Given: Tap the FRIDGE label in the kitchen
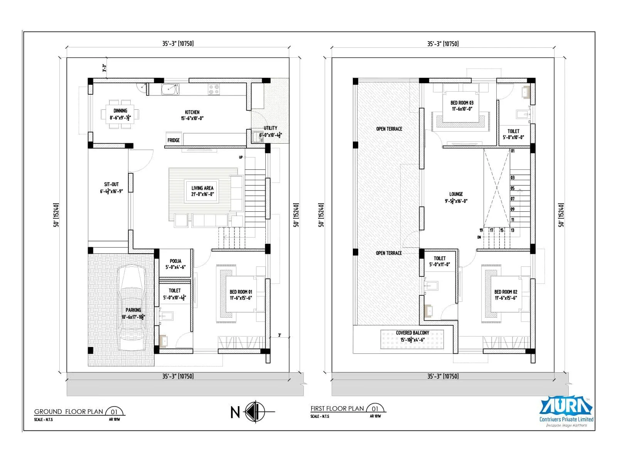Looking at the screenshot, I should point(174,140).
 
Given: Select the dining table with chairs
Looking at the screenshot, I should point(120,114).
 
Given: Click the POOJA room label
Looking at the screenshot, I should point(175,261).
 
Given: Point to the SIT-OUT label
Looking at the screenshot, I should point(111,184).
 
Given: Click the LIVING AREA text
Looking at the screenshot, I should point(202,188).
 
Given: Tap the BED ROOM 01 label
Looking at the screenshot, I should point(241,292).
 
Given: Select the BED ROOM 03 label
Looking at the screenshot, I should point(462,103).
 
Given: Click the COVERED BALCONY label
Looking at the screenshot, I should point(413,333).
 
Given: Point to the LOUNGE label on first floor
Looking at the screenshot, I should point(456,194).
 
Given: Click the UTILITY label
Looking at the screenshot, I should point(270,128).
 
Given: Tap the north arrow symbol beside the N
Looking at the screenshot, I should point(255,412).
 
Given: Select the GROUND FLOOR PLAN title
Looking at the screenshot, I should point(69,412).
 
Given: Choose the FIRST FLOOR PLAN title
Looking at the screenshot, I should point(337,408).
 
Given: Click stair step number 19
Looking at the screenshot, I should point(481,230).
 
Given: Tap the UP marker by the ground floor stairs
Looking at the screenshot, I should point(241,157).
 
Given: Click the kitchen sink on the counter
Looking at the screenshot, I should point(170,89).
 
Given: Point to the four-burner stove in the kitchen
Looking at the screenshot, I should point(214,90).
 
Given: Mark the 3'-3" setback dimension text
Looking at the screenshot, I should point(104,69).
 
